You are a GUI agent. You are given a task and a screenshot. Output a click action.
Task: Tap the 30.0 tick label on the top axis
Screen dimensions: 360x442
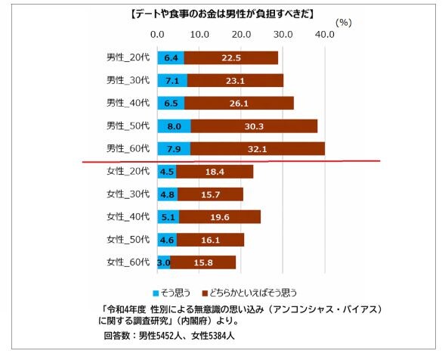point(283,35)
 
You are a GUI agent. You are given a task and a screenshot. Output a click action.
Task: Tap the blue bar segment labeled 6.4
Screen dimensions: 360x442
point(171,57)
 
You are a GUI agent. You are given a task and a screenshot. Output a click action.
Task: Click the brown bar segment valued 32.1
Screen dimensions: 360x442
point(258,148)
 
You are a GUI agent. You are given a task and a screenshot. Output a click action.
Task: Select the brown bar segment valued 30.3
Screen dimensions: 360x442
point(254,126)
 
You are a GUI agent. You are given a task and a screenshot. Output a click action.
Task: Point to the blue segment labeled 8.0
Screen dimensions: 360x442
point(174,126)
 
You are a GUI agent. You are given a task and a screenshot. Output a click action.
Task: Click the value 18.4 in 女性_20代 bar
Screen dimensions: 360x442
point(215,172)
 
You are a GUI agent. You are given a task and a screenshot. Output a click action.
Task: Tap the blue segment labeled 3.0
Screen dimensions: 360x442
point(164,263)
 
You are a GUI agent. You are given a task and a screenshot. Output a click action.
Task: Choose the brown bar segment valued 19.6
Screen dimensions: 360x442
point(220,218)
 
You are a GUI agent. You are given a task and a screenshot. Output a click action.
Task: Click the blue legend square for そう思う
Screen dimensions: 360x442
point(156,292)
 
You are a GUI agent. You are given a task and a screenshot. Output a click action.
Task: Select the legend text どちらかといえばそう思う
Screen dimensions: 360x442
point(255,292)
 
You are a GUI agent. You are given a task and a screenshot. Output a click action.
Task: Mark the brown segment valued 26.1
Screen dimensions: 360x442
point(240,103)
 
